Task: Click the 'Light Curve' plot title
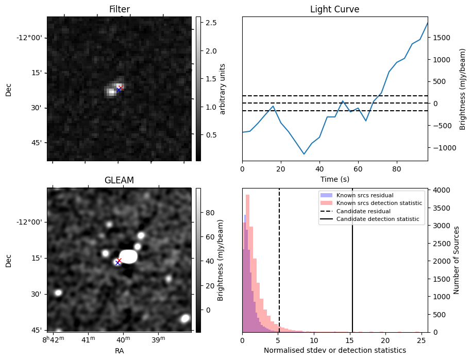tap(334, 9)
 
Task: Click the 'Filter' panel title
tap(119, 9)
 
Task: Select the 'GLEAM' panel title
tap(119, 180)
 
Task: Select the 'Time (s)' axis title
tap(334, 178)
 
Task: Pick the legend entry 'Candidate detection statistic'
tap(377, 219)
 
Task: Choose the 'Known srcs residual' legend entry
tap(365, 195)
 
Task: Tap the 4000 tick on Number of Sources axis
tap(443, 190)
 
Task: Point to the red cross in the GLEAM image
tap(120, 260)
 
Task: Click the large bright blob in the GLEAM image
tap(128, 256)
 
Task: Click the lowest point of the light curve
tap(304, 154)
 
